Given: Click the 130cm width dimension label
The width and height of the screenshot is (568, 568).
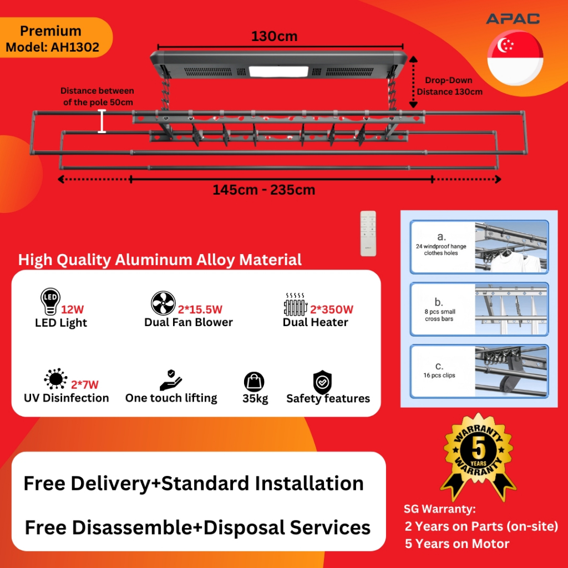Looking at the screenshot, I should [274, 37].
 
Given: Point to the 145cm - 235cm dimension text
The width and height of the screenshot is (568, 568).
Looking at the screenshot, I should [263, 190].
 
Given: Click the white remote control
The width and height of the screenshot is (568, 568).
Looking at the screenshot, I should [368, 233].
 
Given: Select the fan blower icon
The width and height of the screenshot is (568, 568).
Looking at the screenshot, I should [163, 303].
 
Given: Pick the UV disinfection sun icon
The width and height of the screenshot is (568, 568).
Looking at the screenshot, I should [55, 379].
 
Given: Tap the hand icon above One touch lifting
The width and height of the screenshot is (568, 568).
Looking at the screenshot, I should [171, 379].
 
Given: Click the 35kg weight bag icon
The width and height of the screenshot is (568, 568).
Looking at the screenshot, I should [254, 382].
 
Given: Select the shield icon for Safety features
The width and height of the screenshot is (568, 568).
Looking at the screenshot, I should [322, 382].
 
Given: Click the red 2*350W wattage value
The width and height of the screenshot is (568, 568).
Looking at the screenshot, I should [332, 310].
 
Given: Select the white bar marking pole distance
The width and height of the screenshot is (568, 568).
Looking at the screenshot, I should [102, 121].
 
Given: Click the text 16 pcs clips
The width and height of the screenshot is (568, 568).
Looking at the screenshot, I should [439, 376].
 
